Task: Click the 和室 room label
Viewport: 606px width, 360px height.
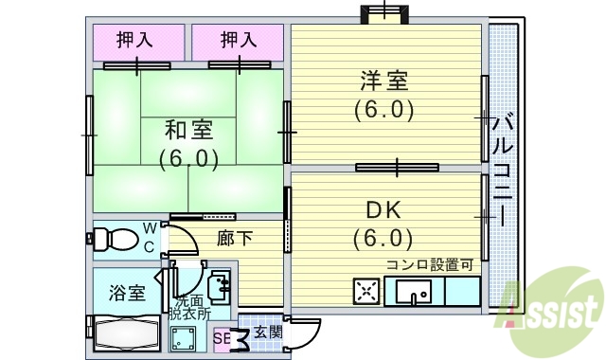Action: [x=187, y=129]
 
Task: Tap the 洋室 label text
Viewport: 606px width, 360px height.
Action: [x=383, y=80]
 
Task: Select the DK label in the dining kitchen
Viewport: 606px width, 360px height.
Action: [x=383, y=208]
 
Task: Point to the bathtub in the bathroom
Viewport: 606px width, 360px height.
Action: [x=123, y=331]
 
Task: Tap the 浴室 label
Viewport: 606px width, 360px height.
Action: [x=126, y=292]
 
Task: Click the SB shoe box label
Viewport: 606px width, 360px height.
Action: [x=222, y=336]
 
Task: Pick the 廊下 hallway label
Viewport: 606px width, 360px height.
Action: [x=234, y=238]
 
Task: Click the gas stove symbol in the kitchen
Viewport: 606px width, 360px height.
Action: [x=366, y=291]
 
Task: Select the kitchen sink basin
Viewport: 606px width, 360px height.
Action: [x=415, y=290]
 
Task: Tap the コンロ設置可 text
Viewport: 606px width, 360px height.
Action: [x=429, y=264]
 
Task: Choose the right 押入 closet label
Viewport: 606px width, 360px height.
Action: [x=238, y=40]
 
